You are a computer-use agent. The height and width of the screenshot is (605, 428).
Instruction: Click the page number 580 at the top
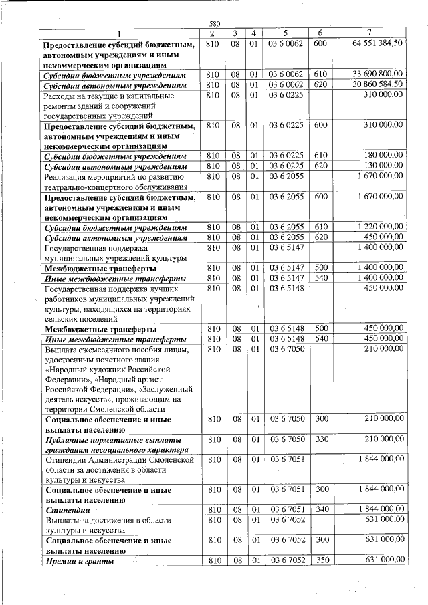215,24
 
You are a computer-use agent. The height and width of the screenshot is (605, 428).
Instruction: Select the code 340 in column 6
320,511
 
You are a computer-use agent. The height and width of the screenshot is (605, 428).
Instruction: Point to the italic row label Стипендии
66,511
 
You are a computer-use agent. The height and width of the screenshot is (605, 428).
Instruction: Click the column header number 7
370,33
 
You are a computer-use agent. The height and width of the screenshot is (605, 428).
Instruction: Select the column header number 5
286,33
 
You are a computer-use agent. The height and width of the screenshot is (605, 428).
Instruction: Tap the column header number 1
119,33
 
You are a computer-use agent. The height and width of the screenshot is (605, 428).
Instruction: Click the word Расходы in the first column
61,96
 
